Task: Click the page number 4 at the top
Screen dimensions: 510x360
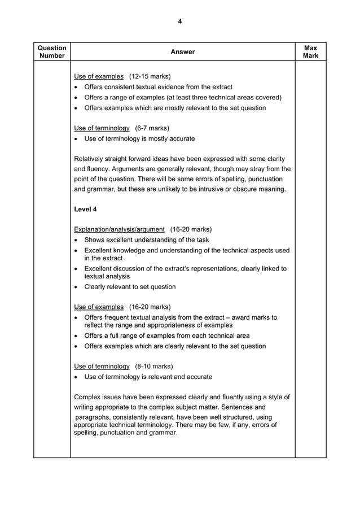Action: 179,21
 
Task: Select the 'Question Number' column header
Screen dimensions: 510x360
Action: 52,52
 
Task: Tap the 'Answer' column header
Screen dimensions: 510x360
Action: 182,52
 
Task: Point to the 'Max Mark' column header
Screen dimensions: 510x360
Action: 310,52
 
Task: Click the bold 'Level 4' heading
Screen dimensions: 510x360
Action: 85,210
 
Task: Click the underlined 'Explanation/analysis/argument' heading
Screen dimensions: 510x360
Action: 120,229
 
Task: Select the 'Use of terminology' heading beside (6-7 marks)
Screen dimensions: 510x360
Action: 102,128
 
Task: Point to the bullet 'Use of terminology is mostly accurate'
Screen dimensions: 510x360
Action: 139,138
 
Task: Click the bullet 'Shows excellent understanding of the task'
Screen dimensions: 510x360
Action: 146,239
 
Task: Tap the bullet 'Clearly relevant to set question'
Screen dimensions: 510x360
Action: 130,287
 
